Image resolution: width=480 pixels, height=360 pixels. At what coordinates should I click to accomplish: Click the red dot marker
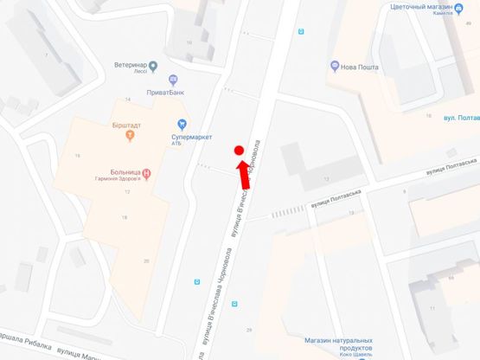click(240, 151)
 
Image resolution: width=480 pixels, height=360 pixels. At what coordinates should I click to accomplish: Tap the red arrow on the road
click(244, 174)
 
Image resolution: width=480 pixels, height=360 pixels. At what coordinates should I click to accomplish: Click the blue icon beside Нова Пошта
click(335, 66)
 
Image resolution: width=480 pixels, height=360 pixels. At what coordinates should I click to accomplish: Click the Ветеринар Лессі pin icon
click(153, 65)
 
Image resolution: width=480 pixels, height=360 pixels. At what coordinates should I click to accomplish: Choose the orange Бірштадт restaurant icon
click(129, 136)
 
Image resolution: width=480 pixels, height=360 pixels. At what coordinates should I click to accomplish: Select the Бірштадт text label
click(129, 124)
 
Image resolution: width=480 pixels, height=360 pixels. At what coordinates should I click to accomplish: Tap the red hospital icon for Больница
click(146, 173)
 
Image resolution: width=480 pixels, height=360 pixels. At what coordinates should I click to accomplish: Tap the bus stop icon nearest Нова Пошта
click(301, 32)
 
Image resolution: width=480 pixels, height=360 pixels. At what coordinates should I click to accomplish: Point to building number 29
click(249, 330)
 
